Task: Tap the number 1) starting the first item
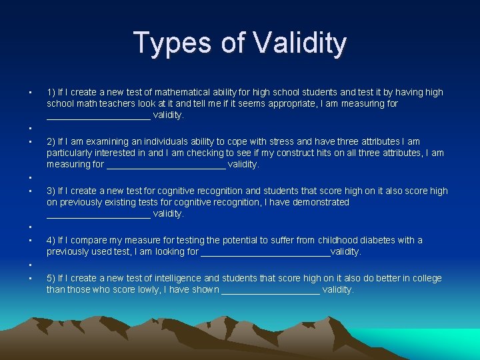(x=51, y=92)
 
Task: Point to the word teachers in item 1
(x=117, y=103)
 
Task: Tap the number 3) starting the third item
(x=51, y=191)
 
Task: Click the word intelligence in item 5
(x=176, y=278)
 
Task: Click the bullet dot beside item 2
(x=31, y=141)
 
